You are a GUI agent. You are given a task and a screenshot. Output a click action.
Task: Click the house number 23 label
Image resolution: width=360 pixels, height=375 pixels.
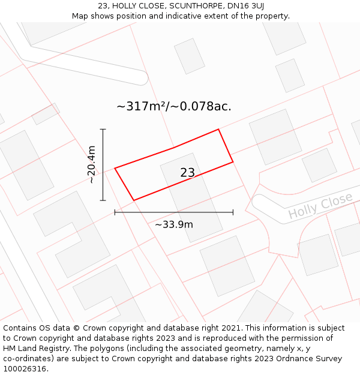tap(187, 173)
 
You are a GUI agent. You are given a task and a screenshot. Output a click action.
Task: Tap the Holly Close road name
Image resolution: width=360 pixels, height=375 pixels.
tap(320, 206)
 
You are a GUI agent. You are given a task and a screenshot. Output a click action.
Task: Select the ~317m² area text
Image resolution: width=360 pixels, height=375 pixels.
tap(142, 107)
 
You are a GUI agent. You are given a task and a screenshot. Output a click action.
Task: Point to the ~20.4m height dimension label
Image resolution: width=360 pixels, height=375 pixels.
tap(91, 164)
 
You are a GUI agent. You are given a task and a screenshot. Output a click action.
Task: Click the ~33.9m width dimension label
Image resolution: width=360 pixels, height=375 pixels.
tap(174, 224)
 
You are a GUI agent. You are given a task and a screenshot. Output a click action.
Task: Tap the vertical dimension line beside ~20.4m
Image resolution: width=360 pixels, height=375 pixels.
tap(103, 164)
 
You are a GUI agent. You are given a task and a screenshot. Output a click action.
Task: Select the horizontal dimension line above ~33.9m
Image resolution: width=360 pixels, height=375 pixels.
tap(174, 212)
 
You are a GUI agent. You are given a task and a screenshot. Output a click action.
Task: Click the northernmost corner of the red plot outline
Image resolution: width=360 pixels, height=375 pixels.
tap(218, 129)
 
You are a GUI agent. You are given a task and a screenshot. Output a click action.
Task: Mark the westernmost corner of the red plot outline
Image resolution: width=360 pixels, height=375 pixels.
tap(115, 168)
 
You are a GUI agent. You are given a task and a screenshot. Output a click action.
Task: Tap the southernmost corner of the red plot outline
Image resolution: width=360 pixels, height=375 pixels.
tap(133, 200)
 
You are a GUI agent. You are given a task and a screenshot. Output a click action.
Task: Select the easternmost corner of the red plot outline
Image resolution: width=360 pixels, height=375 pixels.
tap(233, 161)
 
